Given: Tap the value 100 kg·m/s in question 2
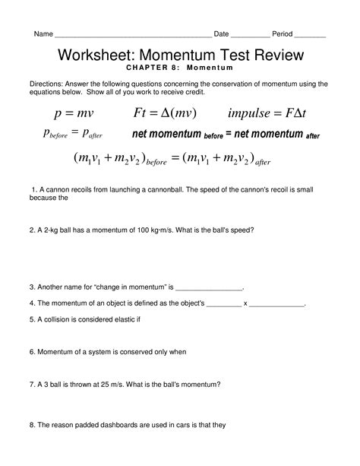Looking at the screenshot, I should (x=156, y=229).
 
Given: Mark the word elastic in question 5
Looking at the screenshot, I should (x=121, y=319).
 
